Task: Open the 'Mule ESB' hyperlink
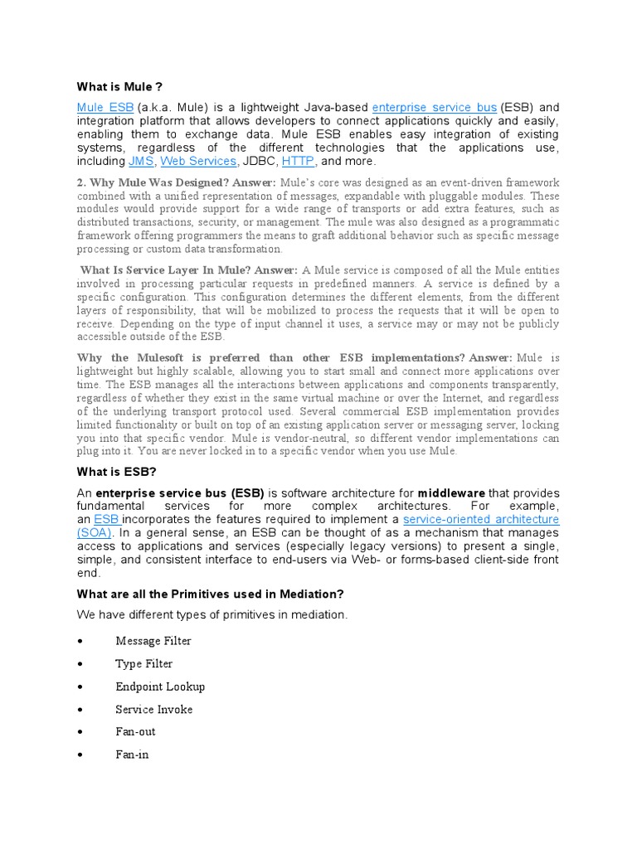point(105,108)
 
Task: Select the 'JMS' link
point(141,161)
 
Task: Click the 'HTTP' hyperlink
point(298,161)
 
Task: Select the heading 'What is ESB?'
point(116,472)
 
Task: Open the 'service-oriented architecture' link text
point(481,520)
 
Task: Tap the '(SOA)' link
point(95,533)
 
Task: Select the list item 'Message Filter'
point(153,641)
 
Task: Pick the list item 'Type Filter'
point(144,664)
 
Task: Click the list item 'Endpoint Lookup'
point(160,686)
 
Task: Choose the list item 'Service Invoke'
point(154,709)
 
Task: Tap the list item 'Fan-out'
point(135,732)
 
